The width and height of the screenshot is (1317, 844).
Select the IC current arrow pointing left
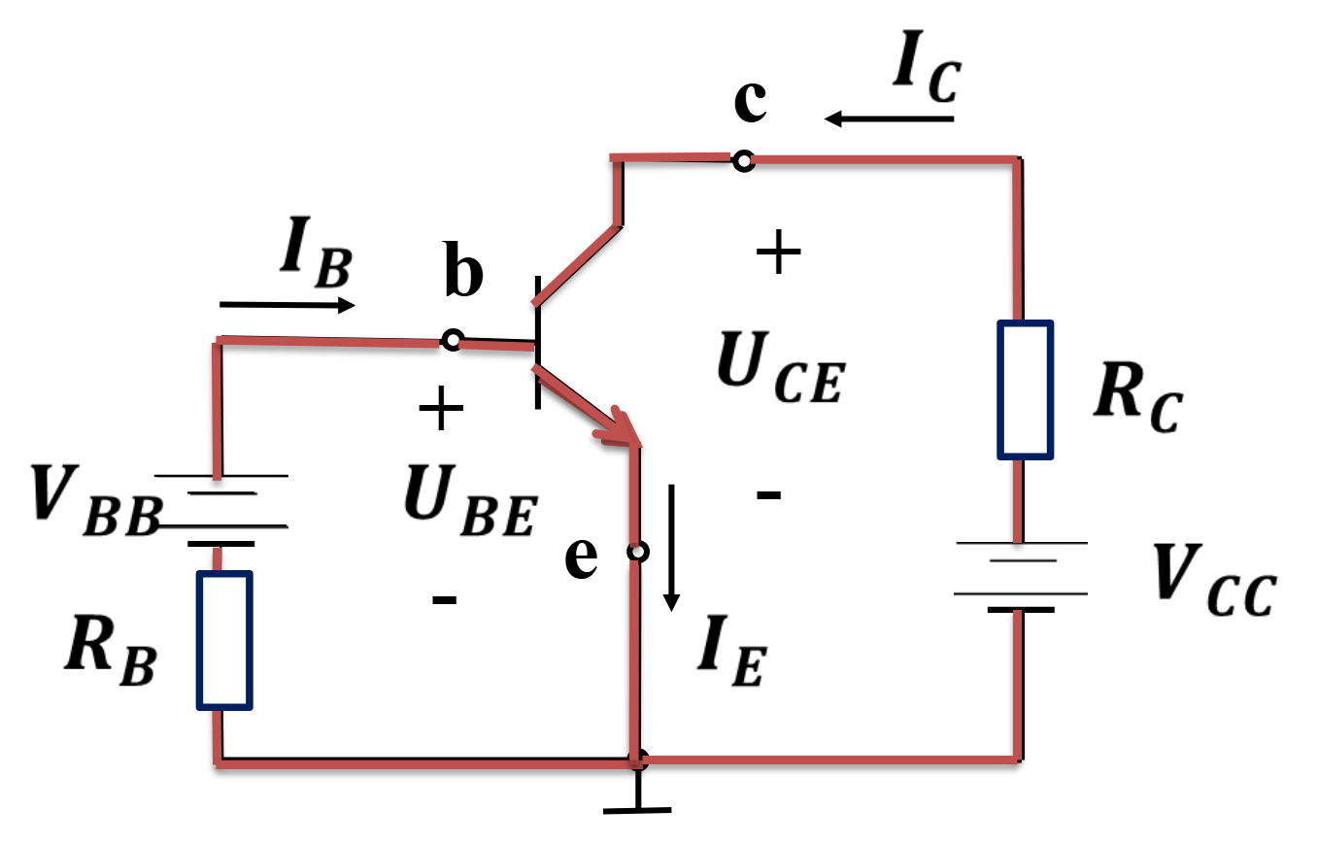(x=889, y=118)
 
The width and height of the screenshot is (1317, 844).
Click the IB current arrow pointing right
(x=287, y=305)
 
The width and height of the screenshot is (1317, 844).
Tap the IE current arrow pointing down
(x=671, y=548)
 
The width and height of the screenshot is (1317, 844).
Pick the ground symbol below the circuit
(x=637, y=792)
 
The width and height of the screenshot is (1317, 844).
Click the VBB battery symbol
(x=221, y=510)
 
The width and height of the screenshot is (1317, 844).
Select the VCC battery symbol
(x=1021, y=577)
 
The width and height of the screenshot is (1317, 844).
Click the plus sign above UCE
(x=778, y=253)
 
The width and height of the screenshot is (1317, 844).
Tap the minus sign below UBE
(x=445, y=600)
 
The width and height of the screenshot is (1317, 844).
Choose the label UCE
(x=782, y=367)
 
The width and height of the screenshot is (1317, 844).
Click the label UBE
(x=471, y=500)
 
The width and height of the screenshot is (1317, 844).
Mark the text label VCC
(x=1214, y=580)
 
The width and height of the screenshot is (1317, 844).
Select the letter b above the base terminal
(x=463, y=269)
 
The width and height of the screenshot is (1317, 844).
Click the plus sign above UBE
(x=441, y=408)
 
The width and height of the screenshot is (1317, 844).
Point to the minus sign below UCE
(x=768, y=495)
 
